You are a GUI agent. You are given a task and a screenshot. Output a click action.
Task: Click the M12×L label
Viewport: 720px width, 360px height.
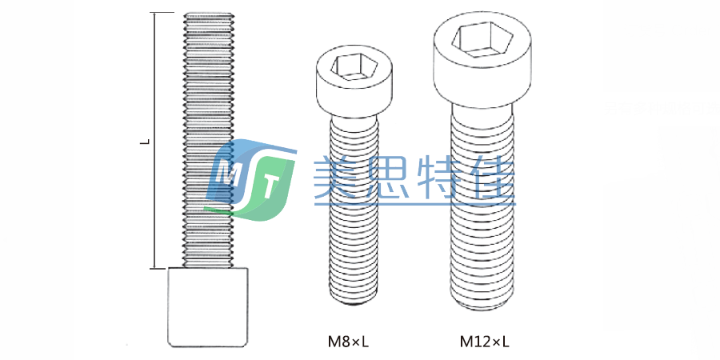(484, 342)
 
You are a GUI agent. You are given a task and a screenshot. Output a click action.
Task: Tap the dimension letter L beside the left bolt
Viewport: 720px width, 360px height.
(145, 142)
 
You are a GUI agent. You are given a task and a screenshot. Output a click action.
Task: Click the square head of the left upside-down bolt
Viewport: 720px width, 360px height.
(208, 307)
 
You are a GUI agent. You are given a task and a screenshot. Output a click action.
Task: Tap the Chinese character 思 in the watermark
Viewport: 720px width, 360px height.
(391, 178)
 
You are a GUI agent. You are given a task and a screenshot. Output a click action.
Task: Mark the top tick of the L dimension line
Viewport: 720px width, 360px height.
(163, 14)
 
